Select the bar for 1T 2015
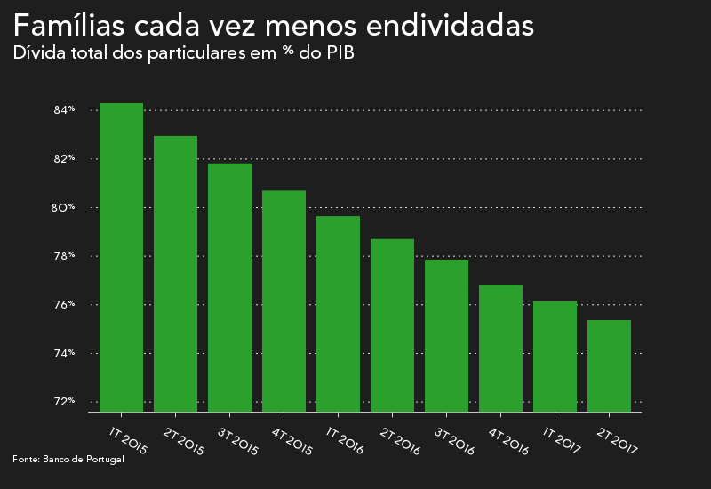pyautogui.click(x=121, y=258)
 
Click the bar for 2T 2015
pyautogui.click(x=175, y=274)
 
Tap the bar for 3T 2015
pyautogui.click(x=229, y=288)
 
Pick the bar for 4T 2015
pyautogui.click(x=284, y=301)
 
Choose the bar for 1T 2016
pyautogui.click(x=338, y=314)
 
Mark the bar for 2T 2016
pyautogui.click(x=392, y=325)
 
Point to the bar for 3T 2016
pyautogui.click(x=446, y=336)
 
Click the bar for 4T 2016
pyautogui.click(x=500, y=349)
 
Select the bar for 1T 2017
pyautogui.click(x=555, y=357)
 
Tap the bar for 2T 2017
pyautogui.click(x=609, y=366)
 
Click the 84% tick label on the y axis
pyautogui.click(x=64, y=110)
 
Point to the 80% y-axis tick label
pyautogui.click(x=64, y=208)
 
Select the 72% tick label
pyautogui.click(x=64, y=402)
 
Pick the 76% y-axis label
pyautogui.click(x=64, y=305)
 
